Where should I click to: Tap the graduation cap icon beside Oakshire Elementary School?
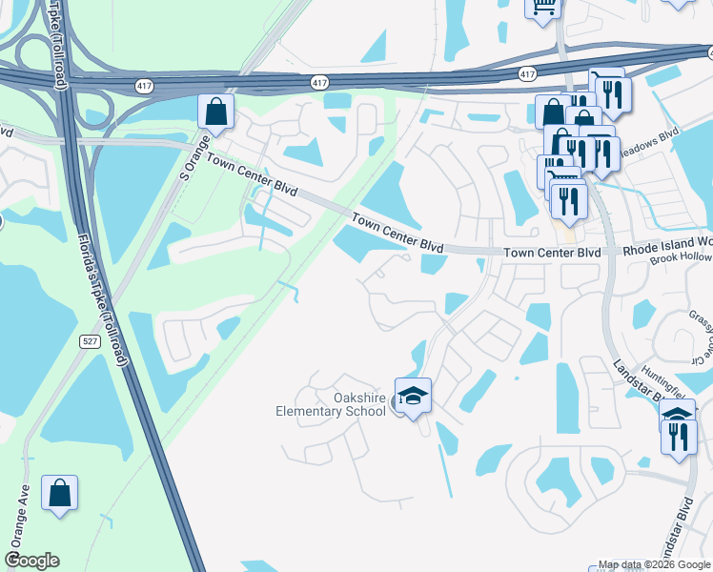(x=413, y=395)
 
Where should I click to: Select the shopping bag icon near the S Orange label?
(x=216, y=112)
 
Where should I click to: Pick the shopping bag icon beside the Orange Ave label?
(x=59, y=494)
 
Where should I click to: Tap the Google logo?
(x=32, y=561)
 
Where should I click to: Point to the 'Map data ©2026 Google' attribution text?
(x=654, y=564)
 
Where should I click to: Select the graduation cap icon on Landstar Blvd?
(x=677, y=415)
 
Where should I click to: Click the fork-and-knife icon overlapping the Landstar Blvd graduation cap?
(x=678, y=436)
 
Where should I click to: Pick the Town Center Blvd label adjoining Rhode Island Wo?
(x=552, y=253)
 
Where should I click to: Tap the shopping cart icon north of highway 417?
(x=543, y=8)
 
